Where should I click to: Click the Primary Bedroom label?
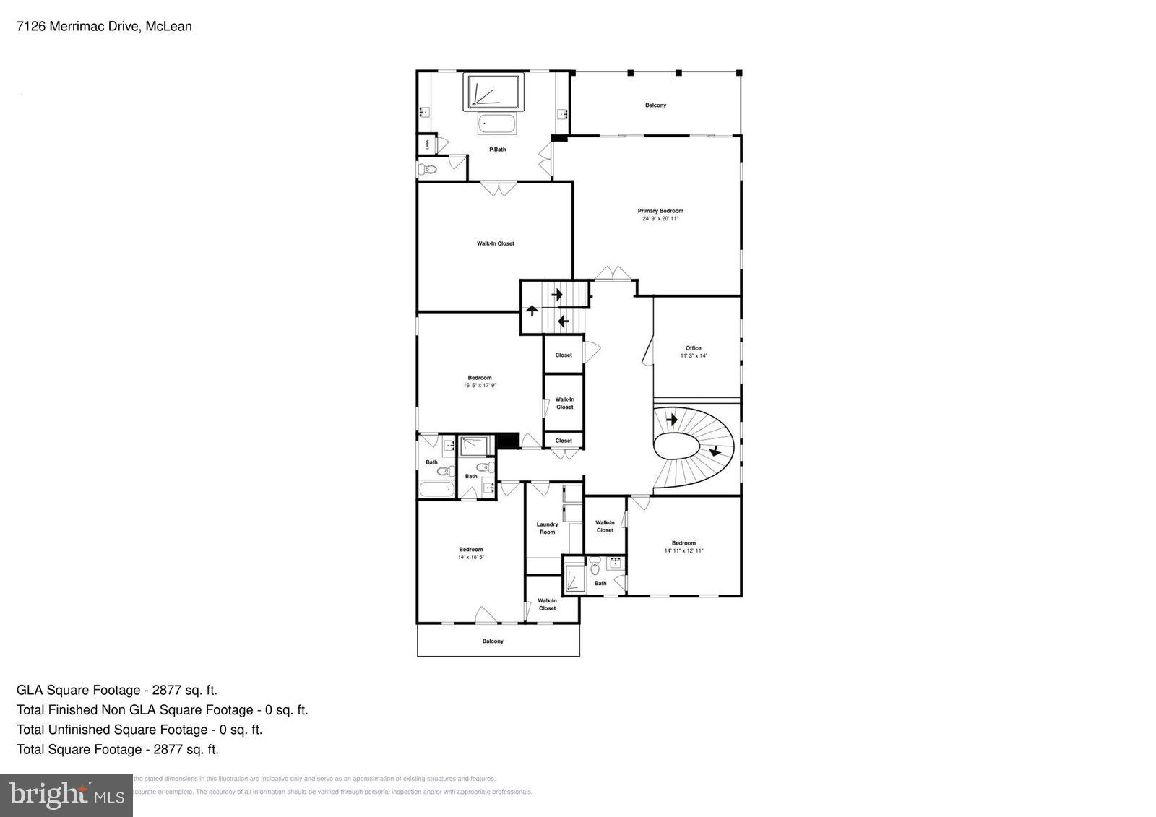coord(660,211)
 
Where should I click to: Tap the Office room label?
coord(693,348)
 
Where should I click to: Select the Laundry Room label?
coord(547,528)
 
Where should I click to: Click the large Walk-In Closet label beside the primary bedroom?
coord(495,243)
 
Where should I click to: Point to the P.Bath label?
coord(497,150)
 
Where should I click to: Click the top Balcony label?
coord(655,105)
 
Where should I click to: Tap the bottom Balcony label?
coord(493,641)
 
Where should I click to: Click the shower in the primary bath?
coord(495,92)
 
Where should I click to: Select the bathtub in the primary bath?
coord(498,124)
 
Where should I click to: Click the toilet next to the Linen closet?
coord(428,170)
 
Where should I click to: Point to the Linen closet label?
coord(427,144)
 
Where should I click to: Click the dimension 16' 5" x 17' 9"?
coord(480,386)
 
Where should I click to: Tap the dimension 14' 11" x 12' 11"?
coord(683,550)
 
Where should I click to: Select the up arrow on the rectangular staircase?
coord(532,311)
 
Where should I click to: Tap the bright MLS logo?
coord(66,795)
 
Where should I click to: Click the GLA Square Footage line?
coord(117,690)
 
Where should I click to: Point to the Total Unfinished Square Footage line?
coord(139,730)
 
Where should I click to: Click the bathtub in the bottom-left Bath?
coord(436,490)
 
